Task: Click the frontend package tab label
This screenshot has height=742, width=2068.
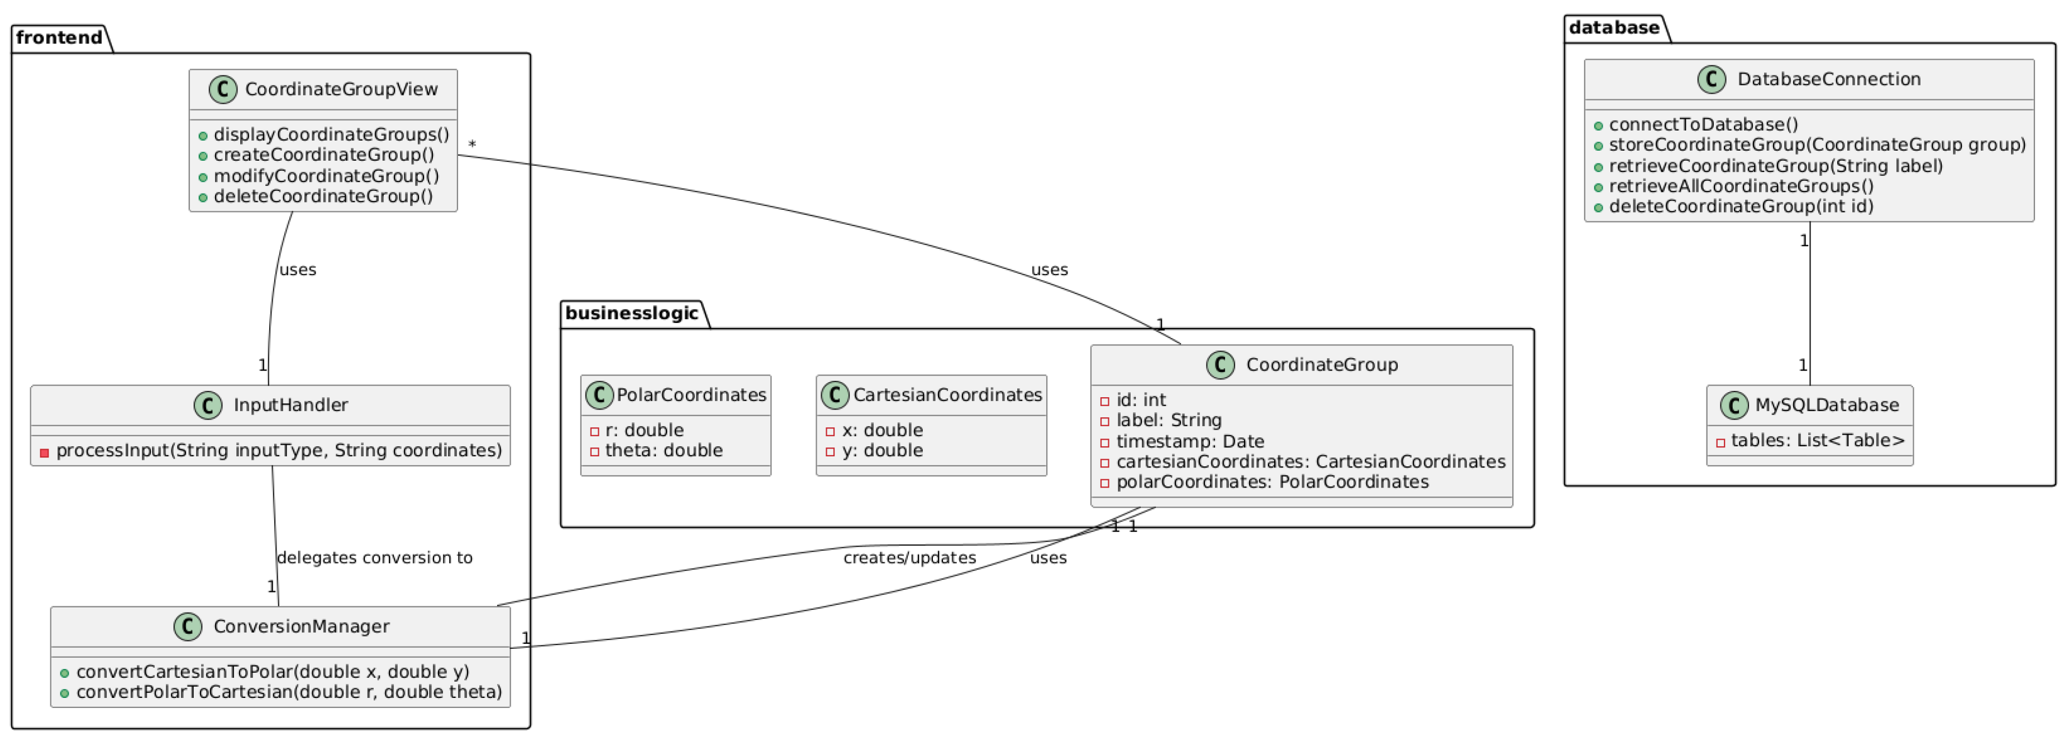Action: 59,38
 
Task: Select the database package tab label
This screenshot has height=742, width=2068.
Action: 1614,28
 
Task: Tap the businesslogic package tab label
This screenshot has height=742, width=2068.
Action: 631,314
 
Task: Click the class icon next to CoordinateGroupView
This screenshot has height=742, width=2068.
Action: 223,89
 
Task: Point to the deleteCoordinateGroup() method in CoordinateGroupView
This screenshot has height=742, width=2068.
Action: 323,196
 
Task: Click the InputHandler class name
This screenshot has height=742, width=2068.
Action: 290,405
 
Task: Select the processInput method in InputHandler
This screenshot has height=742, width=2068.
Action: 278,451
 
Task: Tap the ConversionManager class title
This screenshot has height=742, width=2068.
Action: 301,627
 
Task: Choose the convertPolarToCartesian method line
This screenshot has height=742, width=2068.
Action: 288,692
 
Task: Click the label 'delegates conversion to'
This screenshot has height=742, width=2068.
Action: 374,557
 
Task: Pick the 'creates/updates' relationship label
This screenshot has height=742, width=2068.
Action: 909,557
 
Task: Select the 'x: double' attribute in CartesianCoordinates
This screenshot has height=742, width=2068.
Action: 881,431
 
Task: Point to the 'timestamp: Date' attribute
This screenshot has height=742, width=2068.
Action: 1190,441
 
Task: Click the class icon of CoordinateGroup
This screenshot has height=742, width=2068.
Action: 1220,365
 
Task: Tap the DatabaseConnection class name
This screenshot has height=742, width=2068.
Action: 1829,79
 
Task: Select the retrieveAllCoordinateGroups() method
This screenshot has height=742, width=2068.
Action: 1741,186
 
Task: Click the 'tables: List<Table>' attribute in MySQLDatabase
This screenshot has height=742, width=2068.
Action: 1817,440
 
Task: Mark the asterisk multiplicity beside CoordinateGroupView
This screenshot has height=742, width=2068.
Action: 472,144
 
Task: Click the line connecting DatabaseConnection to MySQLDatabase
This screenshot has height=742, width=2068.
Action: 1809,305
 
